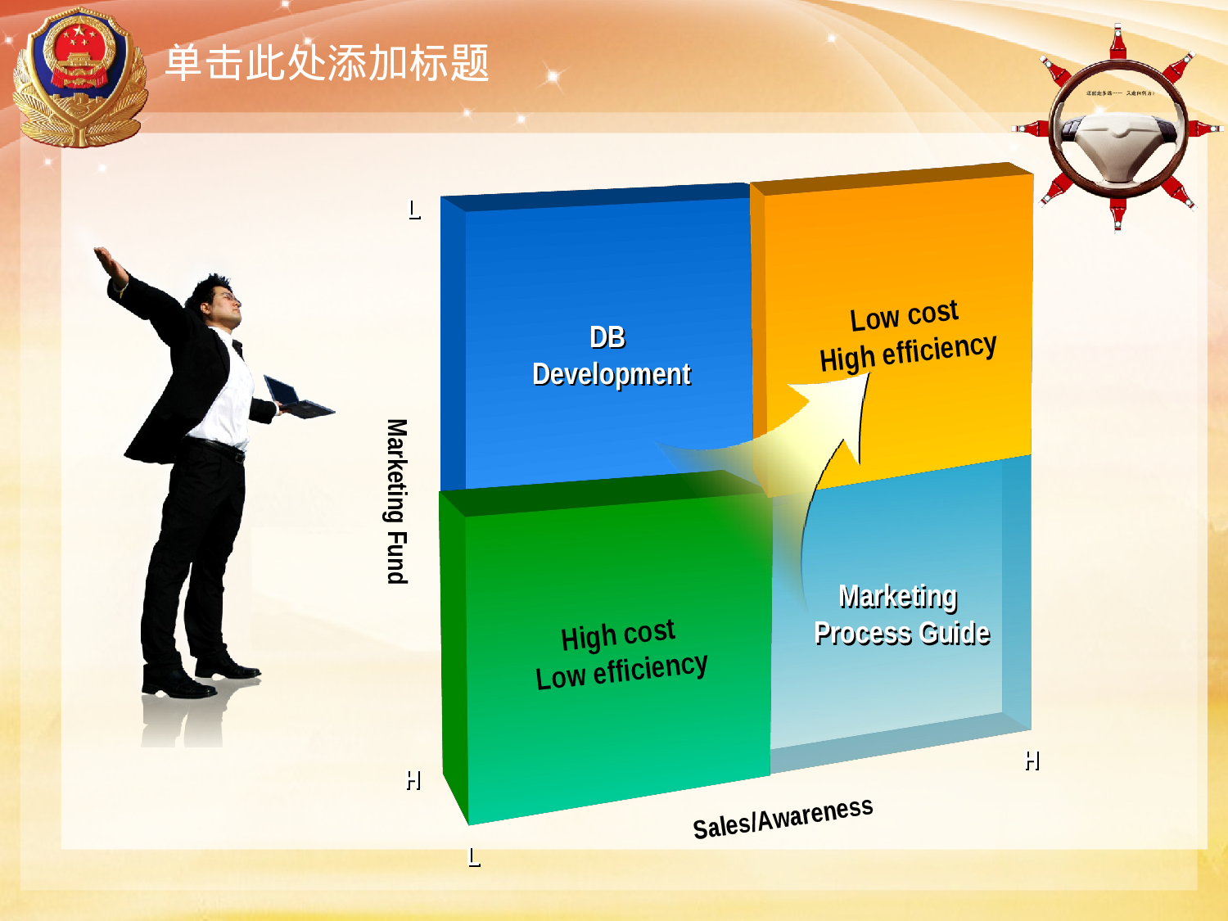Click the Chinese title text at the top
(x=327, y=63)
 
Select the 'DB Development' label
(x=611, y=356)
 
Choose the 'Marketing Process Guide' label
(x=901, y=615)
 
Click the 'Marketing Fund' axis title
(x=397, y=501)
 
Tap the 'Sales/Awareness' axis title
(x=783, y=818)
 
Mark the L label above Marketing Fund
(x=414, y=210)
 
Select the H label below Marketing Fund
(x=413, y=781)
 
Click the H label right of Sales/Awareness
(x=1032, y=761)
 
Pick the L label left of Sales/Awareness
(x=474, y=857)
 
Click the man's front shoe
(x=176, y=684)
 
